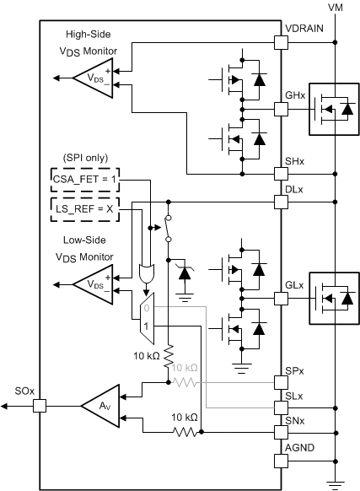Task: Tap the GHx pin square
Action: (282, 109)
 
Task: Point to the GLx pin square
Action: (282, 297)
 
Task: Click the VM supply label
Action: (336, 7)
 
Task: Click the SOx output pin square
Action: (40, 406)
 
